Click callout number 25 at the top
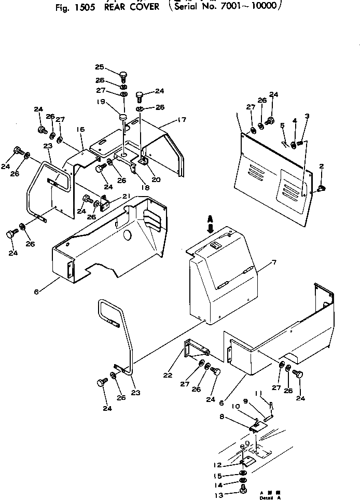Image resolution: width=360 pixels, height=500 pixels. (x=100, y=66)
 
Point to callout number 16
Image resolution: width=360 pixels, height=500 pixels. (x=80, y=129)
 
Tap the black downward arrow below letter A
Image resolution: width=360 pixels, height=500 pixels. (x=211, y=227)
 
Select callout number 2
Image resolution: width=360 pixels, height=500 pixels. (x=322, y=166)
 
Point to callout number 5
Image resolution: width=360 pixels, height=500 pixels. (x=282, y=126)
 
